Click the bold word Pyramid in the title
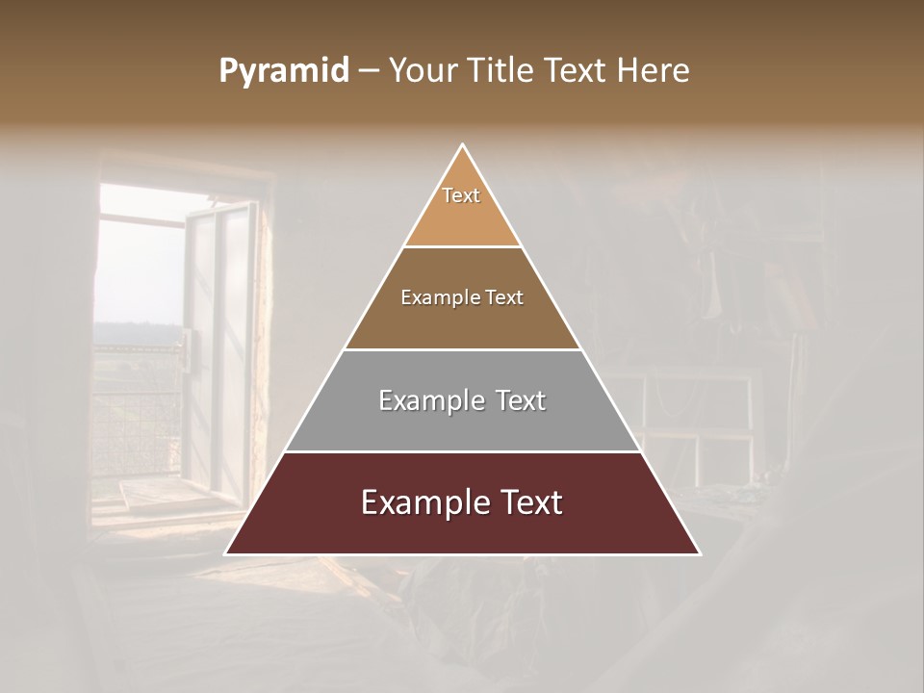tap(284, 71)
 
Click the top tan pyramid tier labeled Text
tap(462, 207)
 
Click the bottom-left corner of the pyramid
tap(227, 553)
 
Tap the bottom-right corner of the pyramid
tap(699, 553)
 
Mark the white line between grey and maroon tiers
tap(462, 451)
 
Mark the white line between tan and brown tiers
tap(462, 247)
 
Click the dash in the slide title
tap(368, 71)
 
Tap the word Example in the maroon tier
tap(424, 502)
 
